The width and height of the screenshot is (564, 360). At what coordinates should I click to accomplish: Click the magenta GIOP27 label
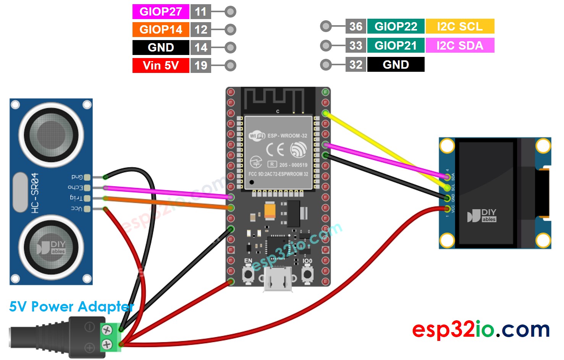[x=161, y=11]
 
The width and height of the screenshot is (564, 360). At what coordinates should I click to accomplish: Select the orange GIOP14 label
[x=161, y=29]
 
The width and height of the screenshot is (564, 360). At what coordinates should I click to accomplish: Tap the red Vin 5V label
[x=161, y=65]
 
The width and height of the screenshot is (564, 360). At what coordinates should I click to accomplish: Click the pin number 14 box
[x=200, y=47]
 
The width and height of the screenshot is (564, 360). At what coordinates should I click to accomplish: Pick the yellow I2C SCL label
[x=460, y=26]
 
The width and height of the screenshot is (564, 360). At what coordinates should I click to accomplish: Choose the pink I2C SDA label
[x=460, y=45]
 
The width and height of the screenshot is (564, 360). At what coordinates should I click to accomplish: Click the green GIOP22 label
[x=396, y=26]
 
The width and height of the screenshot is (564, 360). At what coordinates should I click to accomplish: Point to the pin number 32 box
[x=356, y=65]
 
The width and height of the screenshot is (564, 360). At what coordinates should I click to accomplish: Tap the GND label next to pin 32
[x=396, y=65]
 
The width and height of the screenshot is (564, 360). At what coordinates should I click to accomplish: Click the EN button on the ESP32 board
[x=248, y=274]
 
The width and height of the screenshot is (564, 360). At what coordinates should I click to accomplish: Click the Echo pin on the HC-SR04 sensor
[x=87, y=187]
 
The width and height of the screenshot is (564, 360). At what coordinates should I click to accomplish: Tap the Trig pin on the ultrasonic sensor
[x=87, y=198]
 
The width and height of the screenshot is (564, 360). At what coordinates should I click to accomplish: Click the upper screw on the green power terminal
[x=107, y=329]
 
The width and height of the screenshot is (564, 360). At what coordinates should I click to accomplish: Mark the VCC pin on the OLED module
[x=447, y=208]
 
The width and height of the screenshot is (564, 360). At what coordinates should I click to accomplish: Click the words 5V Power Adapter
[x=71, y=307]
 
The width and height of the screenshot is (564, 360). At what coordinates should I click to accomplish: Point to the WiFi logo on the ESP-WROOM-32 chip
[x=257, y=136]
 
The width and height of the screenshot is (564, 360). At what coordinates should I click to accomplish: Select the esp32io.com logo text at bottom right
[x=481, y=329]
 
